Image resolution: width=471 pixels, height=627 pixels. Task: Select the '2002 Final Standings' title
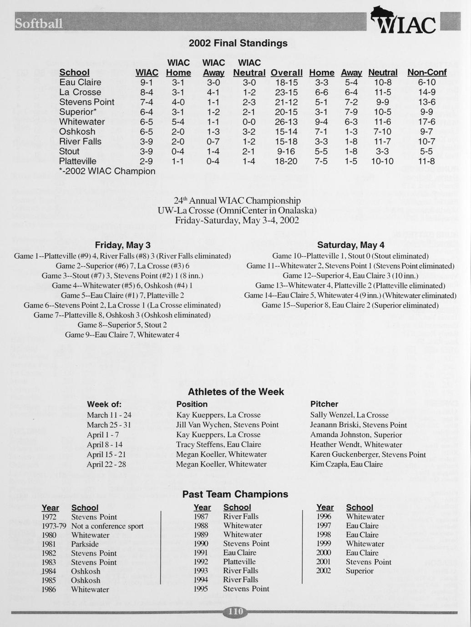pos(238,43)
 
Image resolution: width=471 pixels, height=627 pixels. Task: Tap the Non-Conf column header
pos(426,72)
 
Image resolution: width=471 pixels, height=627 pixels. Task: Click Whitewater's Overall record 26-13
pos(286,122)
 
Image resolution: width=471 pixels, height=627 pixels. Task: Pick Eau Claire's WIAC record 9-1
pos(147,82)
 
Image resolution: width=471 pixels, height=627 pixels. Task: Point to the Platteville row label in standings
pos(78,161)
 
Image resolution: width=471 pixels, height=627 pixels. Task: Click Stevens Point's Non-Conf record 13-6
pos(426,102)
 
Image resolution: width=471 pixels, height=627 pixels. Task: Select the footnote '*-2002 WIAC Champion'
pos(107,171)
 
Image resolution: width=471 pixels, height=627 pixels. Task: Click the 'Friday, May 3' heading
pos(122,245)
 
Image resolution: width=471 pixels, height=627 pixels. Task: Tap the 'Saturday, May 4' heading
pos(350,245)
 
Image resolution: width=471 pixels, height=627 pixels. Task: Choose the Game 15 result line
pos(350,305)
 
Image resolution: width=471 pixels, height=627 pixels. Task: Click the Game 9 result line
pos(122,335)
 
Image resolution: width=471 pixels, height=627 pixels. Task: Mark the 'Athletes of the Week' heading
pos(236,392)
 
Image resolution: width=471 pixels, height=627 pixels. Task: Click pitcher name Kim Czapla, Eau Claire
pos(346,464)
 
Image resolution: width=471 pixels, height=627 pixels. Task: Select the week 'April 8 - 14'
pos(105,445)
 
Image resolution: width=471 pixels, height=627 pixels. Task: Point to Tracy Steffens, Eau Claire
pos(218,445)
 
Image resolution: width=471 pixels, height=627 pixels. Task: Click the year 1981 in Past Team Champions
pos(49,544)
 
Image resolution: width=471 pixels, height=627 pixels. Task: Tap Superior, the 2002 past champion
pos(360,571)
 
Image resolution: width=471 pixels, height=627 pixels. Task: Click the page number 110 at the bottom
pos(235,612)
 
